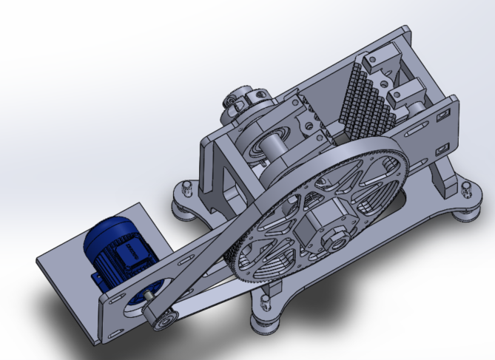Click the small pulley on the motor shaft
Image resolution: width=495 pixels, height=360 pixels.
coord(164,319)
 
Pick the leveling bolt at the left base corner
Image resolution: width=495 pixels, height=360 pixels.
coord(186,188)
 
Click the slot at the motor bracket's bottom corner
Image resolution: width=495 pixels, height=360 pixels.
coord(113,333)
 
